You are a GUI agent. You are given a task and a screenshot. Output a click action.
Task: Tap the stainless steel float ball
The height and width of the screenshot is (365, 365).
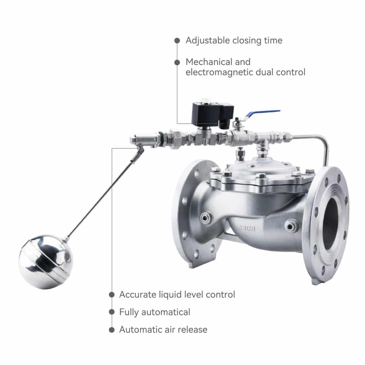pyautogui.click(x=46, y=262)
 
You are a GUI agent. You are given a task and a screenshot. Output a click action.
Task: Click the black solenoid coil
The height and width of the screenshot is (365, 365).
pyautogui.click(x=212, y=114)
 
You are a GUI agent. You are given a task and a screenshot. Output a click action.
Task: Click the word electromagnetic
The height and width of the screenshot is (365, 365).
pyautogui.click(x=219, y=72)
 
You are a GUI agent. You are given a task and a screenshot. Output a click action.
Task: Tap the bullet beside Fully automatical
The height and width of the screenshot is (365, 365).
pyautogui.click(x=112, y=312)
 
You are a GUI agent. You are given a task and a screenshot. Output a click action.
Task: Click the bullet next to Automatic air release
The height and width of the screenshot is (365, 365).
pyautogui.click(x=112, y=330)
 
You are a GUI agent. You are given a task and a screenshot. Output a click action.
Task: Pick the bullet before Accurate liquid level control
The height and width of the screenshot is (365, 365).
pyautogui.click(x=112, y=295)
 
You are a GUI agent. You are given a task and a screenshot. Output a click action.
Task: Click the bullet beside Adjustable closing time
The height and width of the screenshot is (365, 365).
pyautogui.click(x=177, y=41)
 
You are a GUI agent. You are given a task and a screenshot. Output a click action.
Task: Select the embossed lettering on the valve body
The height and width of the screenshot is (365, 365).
pyautogui.click(x=246, y=228)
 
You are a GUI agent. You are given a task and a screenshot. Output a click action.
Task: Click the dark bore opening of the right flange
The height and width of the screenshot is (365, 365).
pyautogui.click(x=330, y=224)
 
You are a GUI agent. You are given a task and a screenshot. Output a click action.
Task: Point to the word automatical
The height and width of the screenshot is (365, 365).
pyautogui.click(x=166, y=312)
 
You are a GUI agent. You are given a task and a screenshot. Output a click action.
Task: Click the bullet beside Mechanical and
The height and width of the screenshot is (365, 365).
pyautogui.click(x=177, y=62)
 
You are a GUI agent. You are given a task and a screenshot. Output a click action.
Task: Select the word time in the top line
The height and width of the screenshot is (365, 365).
pyautogui.click(x=273, y=41)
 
